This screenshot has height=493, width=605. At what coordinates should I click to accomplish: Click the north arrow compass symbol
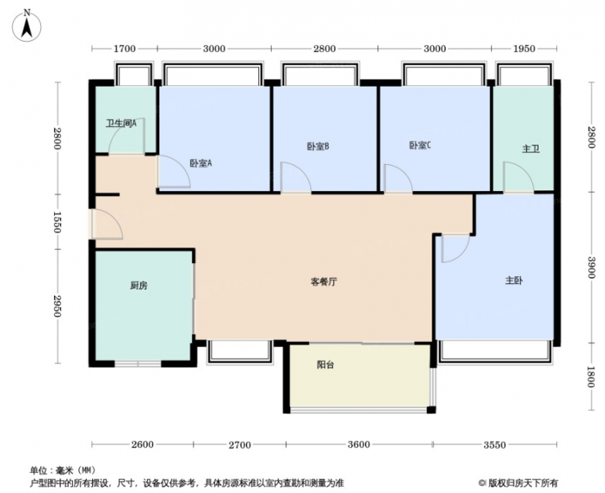[x=26, y=26]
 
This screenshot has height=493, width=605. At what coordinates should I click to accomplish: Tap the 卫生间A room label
[x=121, y=124]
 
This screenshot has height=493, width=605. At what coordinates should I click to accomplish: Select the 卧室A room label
[x=200, y=163]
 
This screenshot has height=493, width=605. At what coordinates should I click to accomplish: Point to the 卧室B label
[x=318, y=147]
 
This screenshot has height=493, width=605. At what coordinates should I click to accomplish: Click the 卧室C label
[x=420, y=146]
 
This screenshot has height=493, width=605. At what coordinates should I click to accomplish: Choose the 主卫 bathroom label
[x=531, y=149]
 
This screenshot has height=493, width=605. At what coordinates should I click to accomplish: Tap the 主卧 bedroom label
[x=514, y=281]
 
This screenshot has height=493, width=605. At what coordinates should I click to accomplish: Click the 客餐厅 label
[x=324, y=282]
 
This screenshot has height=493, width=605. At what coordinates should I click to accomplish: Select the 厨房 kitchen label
[x=138, y=286]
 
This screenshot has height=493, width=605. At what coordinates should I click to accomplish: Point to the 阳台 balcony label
[x=325, y=365]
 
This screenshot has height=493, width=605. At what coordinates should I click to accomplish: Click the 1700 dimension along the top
[x=125, y=49]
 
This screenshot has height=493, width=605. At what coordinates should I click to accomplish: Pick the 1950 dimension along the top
[x=525, y=49]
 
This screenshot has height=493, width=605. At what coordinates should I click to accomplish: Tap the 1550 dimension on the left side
[x=57, y=222]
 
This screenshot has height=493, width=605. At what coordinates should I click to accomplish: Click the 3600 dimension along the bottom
[x=359, y=445]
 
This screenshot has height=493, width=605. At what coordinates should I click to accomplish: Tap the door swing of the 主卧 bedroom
[x=456, y=248]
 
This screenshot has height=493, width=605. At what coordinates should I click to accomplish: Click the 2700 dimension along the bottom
[x=240, y=445]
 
